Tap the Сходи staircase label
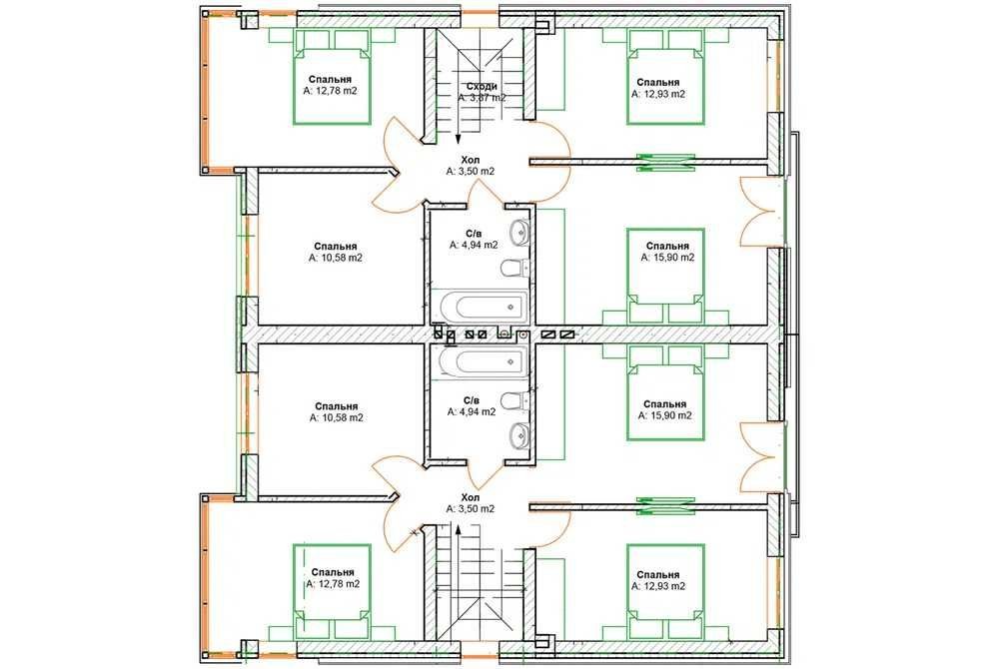coord(482,86)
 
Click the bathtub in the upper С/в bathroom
coord(484,307)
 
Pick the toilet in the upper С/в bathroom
coord(516,268)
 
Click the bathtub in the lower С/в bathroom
coord(484,361)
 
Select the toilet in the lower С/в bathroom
coord(516,401)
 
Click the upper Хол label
coord(471,160)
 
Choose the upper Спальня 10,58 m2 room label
coord(335,252)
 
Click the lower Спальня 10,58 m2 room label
coord(336,412)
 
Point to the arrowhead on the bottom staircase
coord(458,529)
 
